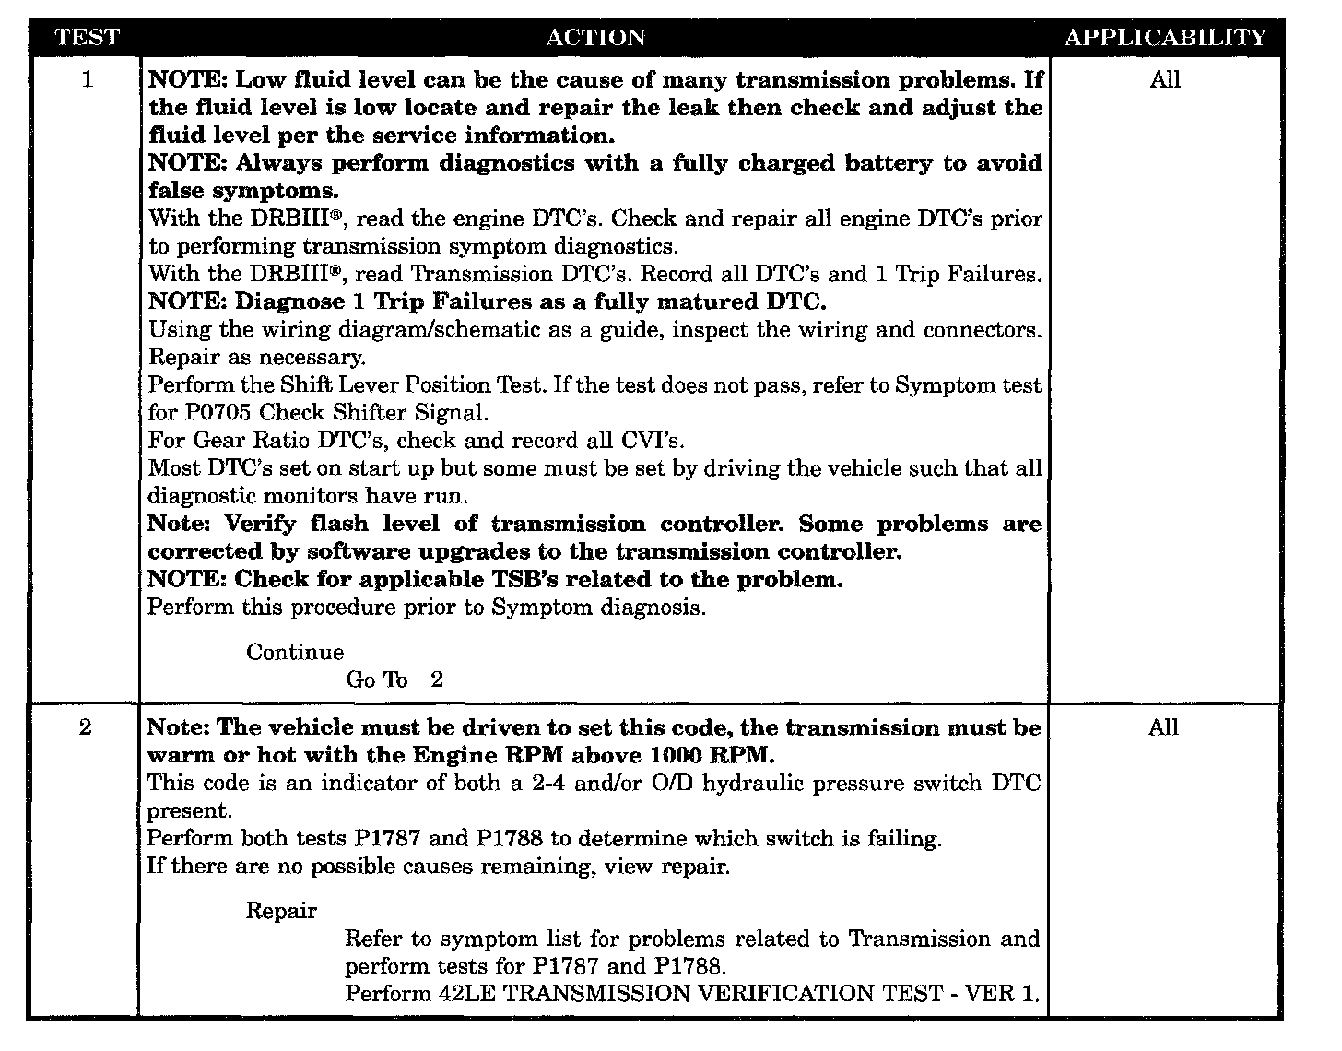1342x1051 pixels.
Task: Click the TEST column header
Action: [x=87, y=38]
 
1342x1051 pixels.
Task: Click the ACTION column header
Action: [x=595, y=38]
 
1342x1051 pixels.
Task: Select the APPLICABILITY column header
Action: [x=1165, y=38]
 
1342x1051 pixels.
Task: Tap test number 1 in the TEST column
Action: [x=88, y=79]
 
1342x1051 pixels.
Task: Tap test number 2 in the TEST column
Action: [x=86, y=727]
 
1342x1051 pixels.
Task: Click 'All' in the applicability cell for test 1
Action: [x=1165, y=79]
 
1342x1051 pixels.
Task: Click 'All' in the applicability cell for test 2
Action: [x=1163, y=727]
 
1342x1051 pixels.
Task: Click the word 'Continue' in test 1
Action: [x=295, y=652]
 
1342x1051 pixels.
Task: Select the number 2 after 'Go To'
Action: [x=437, y=679]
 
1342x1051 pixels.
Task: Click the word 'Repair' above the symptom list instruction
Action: [x=281, y=911]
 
